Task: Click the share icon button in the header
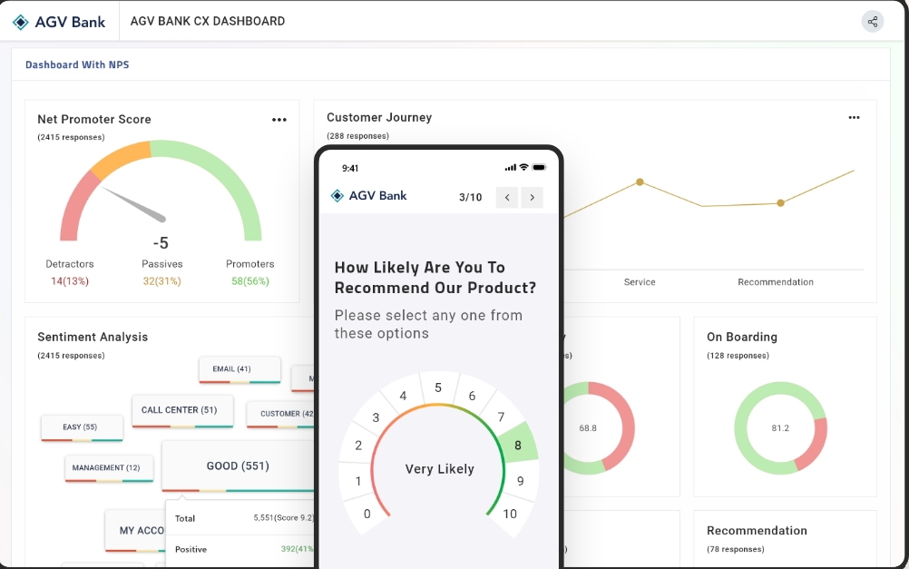point(872,22)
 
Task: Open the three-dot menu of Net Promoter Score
point(279,120)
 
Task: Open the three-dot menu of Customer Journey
point(854,118)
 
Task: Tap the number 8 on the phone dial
point(518,446)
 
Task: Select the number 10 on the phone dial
point(509,514)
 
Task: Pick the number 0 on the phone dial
point(367,514)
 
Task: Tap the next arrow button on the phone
point(533,197)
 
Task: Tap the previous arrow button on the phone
point(507,197)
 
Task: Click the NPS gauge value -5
point(161,243)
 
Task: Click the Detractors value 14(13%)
point(70,281)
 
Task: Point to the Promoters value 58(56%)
point(249,281)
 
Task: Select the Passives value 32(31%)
point(162,281)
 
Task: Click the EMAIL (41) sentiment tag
point(231,369)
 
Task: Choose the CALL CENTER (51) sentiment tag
point(180,410)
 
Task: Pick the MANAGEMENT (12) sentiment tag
point(107,467)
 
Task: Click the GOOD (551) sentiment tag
point(238,466)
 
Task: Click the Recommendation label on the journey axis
point(776,282)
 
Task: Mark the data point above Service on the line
point(640,182)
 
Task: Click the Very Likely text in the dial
point(439,469)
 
